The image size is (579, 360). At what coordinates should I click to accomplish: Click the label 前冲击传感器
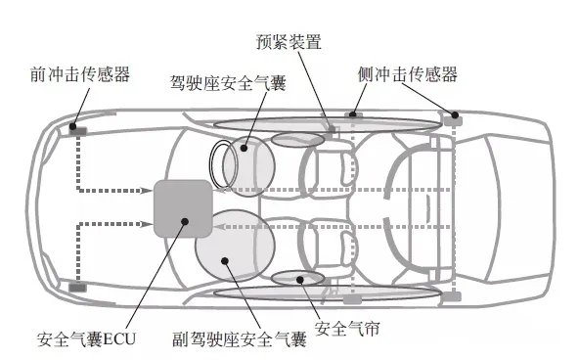79,74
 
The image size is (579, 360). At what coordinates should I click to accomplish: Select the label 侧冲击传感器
407,74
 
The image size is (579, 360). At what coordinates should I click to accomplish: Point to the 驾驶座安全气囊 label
228,86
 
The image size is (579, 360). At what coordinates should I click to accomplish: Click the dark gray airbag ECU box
182,207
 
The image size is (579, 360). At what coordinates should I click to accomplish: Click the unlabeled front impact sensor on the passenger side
76,287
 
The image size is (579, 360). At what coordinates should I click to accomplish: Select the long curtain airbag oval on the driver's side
323,123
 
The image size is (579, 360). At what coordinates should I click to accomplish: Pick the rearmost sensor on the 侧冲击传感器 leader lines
452,118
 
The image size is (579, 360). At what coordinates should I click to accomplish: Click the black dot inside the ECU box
184,219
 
